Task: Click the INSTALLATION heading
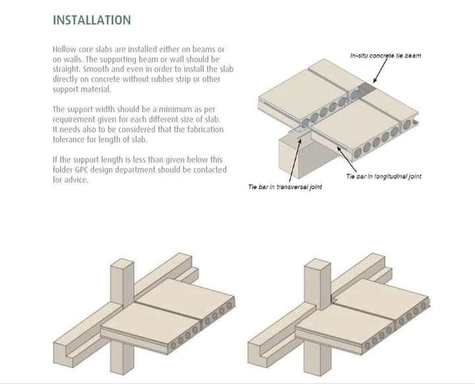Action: (92, 20)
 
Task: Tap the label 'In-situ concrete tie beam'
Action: (385, 55)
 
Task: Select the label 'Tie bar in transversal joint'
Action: (285, 187)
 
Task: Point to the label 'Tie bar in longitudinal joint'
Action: (383, 176)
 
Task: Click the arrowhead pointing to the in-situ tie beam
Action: (375, 80)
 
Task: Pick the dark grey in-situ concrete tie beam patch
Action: (367, 89)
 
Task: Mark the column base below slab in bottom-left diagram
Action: (121, 358)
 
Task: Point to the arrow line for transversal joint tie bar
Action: (295, 160)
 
